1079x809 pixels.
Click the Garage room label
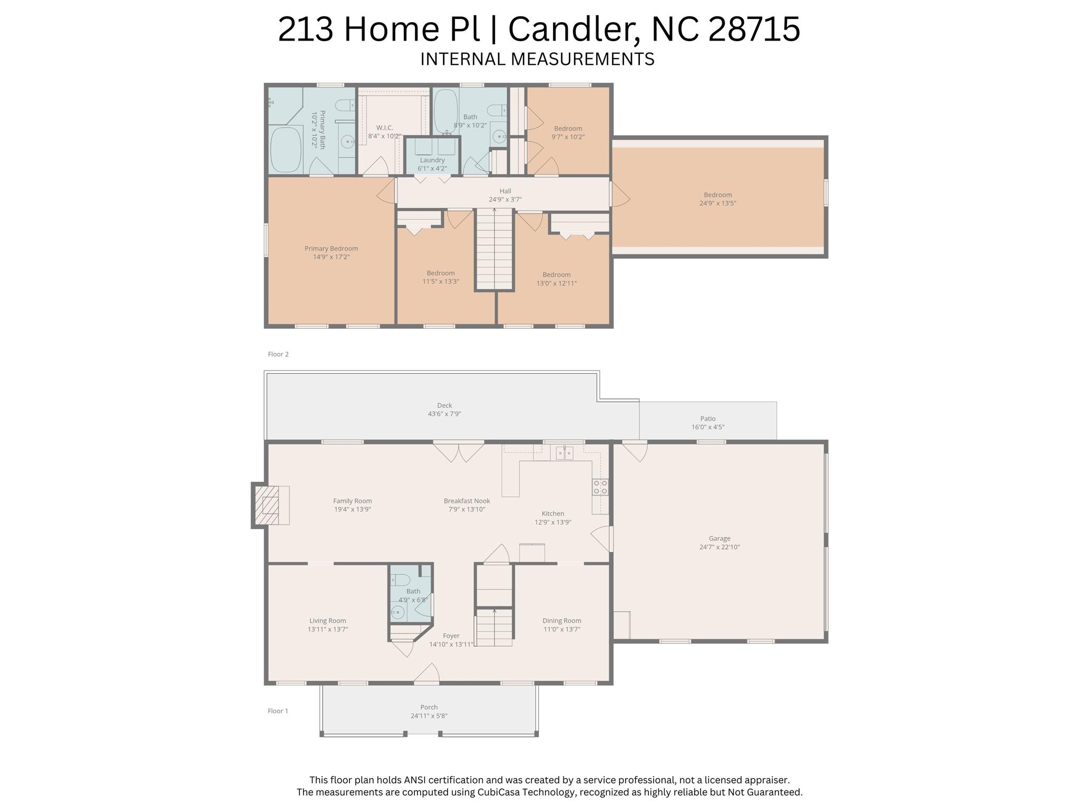[720, 539]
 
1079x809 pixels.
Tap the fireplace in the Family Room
[270, 505]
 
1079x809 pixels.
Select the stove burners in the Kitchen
[600, 487]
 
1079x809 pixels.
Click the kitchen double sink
[565, 453]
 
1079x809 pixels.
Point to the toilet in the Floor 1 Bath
[401, 580]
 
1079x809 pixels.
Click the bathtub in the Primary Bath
[286, 149]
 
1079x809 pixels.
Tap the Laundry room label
[432, 160]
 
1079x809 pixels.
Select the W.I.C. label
[385, 128]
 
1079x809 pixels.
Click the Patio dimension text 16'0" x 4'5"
[708, 427]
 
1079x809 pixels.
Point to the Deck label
[444, 405]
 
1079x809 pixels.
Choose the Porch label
[429, 707]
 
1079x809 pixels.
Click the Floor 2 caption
[278, 354]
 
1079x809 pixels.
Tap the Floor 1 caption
[278, 711]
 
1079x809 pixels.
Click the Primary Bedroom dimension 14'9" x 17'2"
[331, 257]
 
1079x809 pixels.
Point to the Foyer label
[451, 636]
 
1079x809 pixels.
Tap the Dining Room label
[562, 621]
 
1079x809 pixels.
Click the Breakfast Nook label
[467, 501]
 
